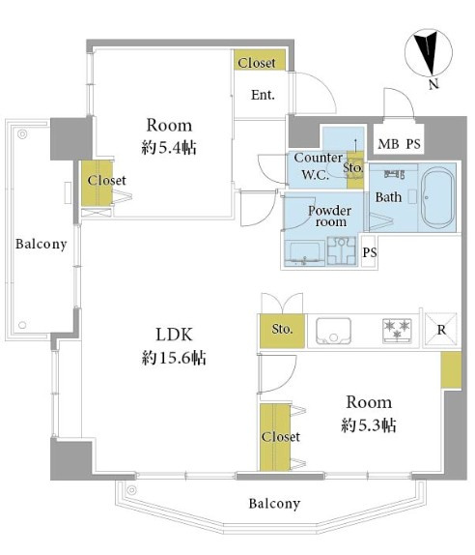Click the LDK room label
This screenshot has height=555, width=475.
pyautogui.click(x=174, y=335)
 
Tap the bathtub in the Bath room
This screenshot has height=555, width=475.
pyautogui.click(x=437, y=197)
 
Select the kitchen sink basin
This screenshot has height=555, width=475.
pyautogui.click(x=333, y=331)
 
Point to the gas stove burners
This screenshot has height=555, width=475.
pyautogui.click(x=397, y=331)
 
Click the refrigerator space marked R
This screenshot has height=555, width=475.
pyautogui.click(x=440, y=330)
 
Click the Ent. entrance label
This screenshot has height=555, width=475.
pyautogui.click(x=263, y=95)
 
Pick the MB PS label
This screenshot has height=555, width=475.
pyautogui.click(x=400, y=144)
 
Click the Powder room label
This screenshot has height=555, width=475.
pyautogui.click(x=329, y=217)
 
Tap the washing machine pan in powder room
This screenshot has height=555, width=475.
pyautogui.click(x=342, y=251)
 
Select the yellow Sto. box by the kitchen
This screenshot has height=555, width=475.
pyautogui.click(x=282, y=331)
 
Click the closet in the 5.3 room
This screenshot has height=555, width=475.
pyautogui.click(x=275, y=437)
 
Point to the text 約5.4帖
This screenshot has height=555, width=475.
pyautogui.click(x=169, y=147)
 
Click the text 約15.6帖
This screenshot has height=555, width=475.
pyautogui.click(x=174, y=358)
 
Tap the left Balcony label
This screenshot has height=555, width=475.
pyautogui.click(x=41, y=245)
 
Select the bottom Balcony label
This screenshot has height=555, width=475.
pyautogui.click(x=274, y=504)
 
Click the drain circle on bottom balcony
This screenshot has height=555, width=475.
pyautogui.click(x=131, y=490)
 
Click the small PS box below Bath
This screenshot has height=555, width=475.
pyautogui.click(x=370, y=251)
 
